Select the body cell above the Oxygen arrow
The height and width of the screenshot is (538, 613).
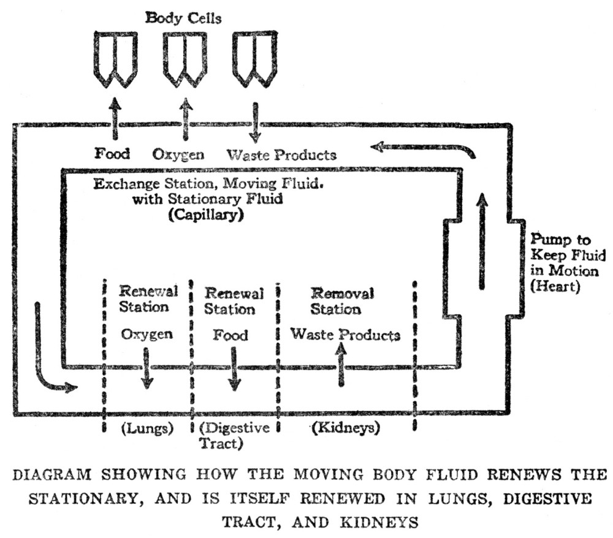184,58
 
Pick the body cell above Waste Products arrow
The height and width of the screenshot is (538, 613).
254,58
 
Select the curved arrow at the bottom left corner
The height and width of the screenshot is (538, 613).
49,355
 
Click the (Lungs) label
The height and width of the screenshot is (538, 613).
145,428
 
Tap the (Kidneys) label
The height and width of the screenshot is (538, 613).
346,428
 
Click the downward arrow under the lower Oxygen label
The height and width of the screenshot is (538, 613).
147,367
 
